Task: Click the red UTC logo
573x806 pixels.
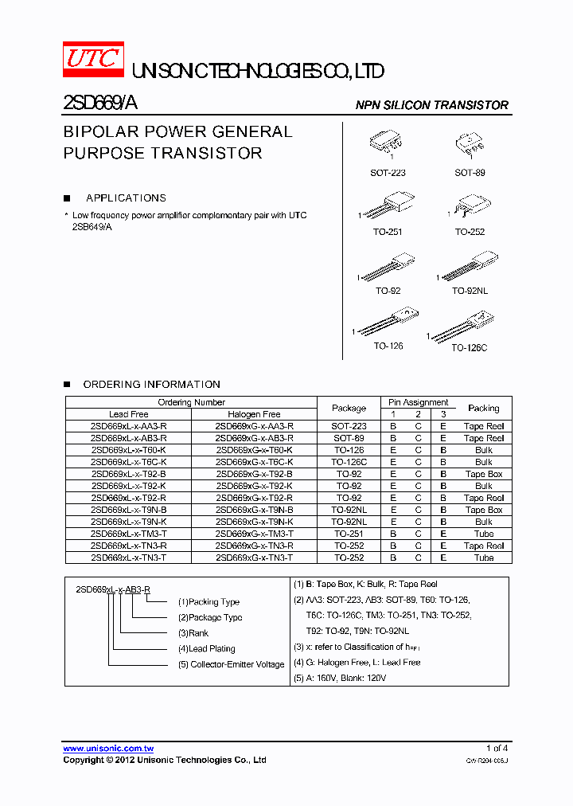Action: (94, 60)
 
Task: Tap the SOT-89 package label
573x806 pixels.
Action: (470, 173)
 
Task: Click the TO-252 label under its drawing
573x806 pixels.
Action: (470, 232)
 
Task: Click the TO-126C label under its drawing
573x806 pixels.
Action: (469, 348)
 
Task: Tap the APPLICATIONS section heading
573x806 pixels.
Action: (126, 198)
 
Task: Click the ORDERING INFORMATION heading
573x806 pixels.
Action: (151, 384)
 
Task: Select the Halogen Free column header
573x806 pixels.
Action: (254, 414)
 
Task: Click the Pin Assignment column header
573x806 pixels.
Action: (418, 402)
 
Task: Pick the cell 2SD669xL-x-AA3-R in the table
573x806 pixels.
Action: (129, 426)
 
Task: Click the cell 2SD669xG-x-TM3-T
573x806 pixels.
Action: (254, 534)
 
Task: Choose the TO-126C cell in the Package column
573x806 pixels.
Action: (349, 462)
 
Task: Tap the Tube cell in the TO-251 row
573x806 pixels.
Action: (483, 534)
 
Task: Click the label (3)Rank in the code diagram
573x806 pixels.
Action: (193, 633)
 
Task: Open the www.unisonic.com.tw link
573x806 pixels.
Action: (108, 749)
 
